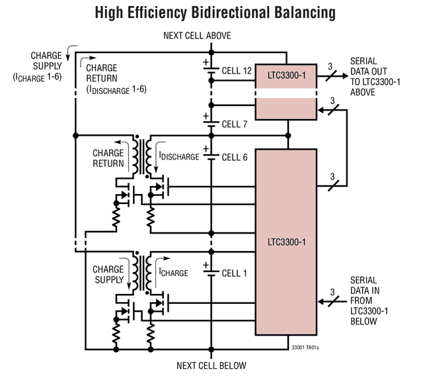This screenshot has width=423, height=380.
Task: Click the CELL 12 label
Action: [237, 71]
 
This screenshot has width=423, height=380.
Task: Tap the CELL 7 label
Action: [235, 124]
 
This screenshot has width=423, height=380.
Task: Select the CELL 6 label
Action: [235, 158]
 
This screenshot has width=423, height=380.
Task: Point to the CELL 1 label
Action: [234, 273]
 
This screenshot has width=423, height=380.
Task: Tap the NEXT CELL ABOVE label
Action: [197, 36]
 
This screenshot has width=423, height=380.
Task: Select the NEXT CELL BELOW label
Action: [211, 365]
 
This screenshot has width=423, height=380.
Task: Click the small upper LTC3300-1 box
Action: [286, 92]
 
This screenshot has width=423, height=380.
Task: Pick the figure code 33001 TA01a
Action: [305, 348]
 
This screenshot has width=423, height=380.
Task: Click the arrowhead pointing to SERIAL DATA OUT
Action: [345, 76]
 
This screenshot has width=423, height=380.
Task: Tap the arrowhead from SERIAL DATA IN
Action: [321, 302]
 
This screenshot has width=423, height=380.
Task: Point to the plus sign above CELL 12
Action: [206, 62]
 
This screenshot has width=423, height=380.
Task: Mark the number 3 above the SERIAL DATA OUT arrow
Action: [330, 66]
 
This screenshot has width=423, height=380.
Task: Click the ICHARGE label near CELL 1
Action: [173, 273]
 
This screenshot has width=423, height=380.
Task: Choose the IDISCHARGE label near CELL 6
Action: [179, 156]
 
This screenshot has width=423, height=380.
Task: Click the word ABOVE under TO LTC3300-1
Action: [363, 92]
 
